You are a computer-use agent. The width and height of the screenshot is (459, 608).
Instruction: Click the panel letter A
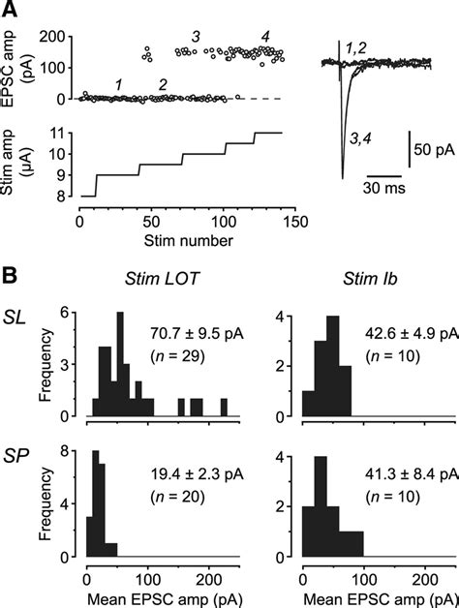9,9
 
